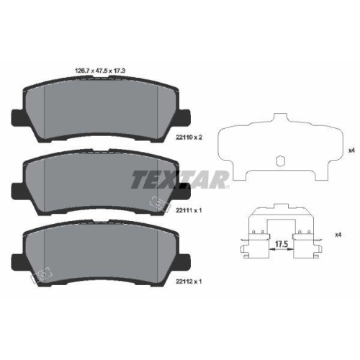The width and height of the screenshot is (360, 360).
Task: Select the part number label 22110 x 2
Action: point(189,138)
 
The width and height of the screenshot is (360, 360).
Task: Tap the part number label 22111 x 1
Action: point(189,210)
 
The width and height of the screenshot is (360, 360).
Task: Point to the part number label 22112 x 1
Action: point(189,282)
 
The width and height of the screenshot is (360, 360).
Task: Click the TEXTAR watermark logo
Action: point(179,179)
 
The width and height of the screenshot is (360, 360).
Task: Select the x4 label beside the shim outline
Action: point(351,150)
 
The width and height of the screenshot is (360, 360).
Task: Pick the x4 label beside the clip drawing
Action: point(338,235)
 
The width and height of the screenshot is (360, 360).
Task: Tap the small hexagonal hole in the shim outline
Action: point(280,161)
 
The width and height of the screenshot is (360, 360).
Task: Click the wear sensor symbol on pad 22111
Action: point(158,204)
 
